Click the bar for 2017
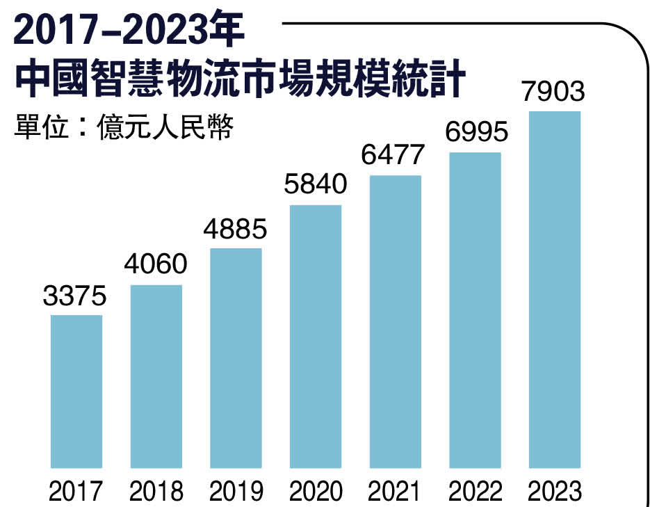pyautogui.click(x=76, y=391)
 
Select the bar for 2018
pyautogui.click(x=156, y=376)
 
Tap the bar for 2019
pyautogui.click(x=236, y=357)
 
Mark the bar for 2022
pyautogui.click(x=476, y=309)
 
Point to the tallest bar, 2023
pyautogui.click(x=555, y=289)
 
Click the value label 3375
pyautogui.click(x=76, y=297)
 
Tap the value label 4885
pyautogui.click(x=236, y=229)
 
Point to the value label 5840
pyautogui.click(x=316, y=185)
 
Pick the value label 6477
pyautogui.click(x=396, y=154)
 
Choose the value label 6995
pyautogui.click(x=476, y=132)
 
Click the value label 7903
pyautogui.click(x=555, y=92)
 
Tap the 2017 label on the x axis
pyautogui.click(x=76, y=492)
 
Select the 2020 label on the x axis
pyautogui.click(x=316, y=492)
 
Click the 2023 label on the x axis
pyautogui.click(x=555, y=492)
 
